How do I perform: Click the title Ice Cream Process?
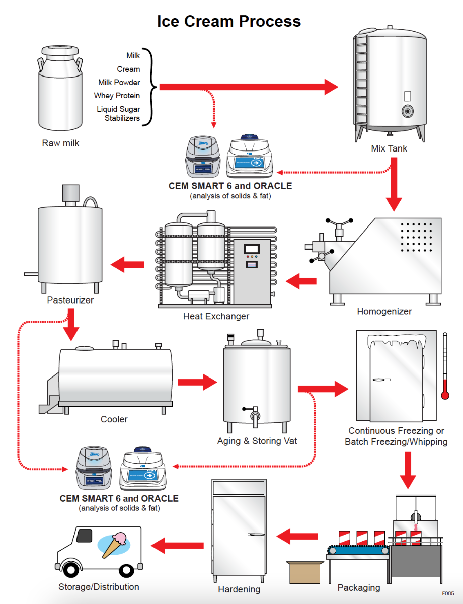coord(229,21)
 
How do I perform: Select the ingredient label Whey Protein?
coord(117,96)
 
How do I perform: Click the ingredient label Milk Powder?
coord(119,82)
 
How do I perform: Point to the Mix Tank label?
coord(389,148)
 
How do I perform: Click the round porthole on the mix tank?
coord(407,111)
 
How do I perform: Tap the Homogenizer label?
coord(384,311)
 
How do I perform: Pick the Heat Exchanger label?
coord(216,316)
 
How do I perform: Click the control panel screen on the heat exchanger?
coord(251,249)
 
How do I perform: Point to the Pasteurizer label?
coord(70,300)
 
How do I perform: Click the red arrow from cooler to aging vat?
coord(197,382)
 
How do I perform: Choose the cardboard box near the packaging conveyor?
coord(304,572)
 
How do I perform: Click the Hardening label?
coord(239,589)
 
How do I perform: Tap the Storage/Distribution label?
coord(99,586)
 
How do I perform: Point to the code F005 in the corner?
coord(448,594)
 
